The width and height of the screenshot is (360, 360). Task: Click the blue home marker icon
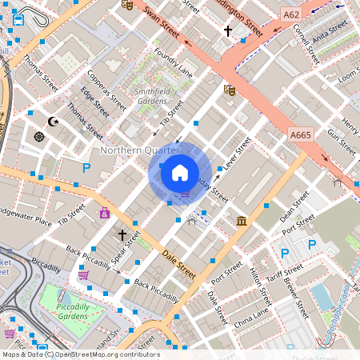pyautogui.click(x=180, y=172)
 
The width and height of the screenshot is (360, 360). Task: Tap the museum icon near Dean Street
pyautogui.click(x=241, y=221)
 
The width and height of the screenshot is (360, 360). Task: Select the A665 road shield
pyautogui.click(x=301, y=135)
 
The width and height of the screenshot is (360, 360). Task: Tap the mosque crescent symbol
pyautogui.click(x=54, y=122)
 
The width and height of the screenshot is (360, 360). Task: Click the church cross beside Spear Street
pyautogui.click(x=122, y=235)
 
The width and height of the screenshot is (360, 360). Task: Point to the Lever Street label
pyautogui.click(x=238, y=152)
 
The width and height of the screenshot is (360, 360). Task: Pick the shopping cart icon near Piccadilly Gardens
pyautogui.click(x=83, y=275)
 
